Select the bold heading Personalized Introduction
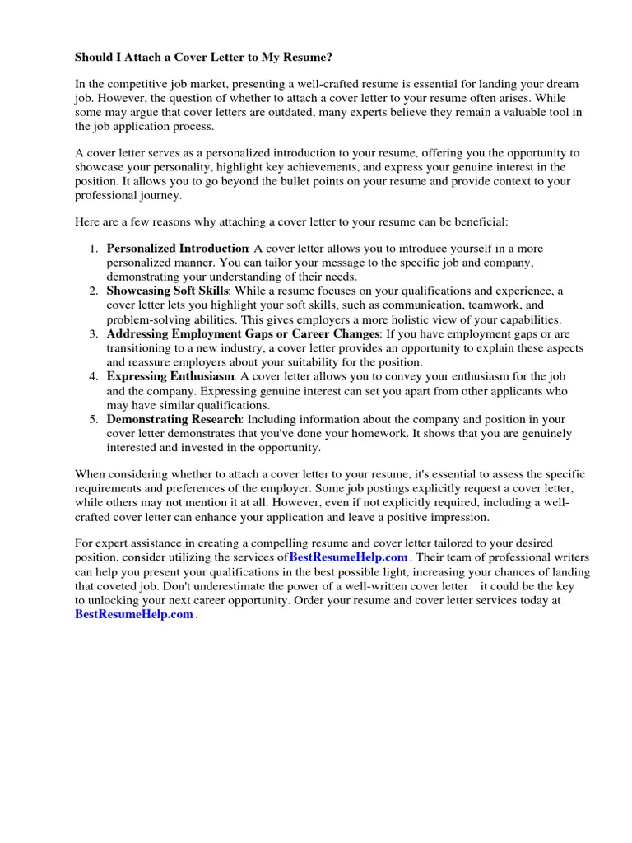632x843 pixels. [x=178, y=249]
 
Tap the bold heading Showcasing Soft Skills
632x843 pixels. [x=166, y=291]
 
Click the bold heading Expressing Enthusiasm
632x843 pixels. [x=171, y=376]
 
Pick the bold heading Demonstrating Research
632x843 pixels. [x=174, y=419]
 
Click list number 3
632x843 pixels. [x=93, y=334]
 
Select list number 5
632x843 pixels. [x=93, y=419]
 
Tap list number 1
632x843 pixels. [x=93, y=249]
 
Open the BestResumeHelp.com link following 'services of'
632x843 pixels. [x=348, y=558]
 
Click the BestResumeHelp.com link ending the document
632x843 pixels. [x=134, y=615]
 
